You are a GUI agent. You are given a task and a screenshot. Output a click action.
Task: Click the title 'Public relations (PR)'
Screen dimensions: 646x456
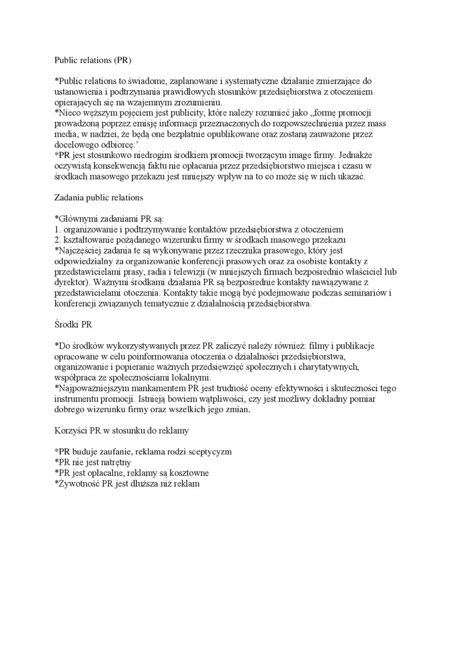pos(92,60)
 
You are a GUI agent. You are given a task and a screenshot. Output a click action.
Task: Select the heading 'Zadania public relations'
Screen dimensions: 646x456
pos(98,197)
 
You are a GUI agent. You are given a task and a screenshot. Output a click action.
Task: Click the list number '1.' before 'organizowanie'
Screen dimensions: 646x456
pos(58,229)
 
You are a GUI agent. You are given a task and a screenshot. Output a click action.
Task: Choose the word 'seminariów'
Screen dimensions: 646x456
pos(364,293)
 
